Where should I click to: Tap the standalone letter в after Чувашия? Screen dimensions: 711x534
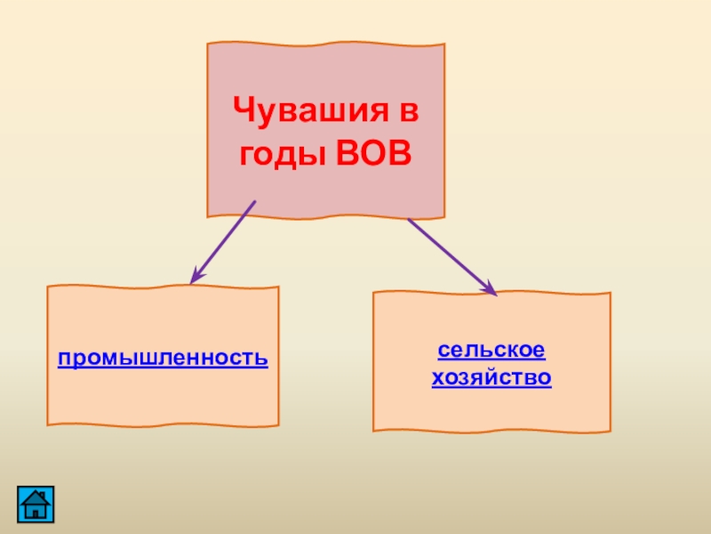coord(408,113)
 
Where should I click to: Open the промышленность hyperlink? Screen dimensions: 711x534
coord(163,358)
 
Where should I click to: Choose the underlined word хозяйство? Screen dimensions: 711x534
coord(491,378)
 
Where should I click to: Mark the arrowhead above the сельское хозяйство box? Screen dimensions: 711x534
coord(489,287)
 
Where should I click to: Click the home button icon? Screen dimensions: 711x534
coord(35,503)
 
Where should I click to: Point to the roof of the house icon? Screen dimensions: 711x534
coord(35,495)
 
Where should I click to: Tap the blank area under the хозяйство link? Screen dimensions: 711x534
coord(491,409)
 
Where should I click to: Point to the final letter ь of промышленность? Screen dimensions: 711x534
coord(262,359)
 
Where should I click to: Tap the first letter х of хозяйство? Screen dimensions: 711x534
coord(436,379)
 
